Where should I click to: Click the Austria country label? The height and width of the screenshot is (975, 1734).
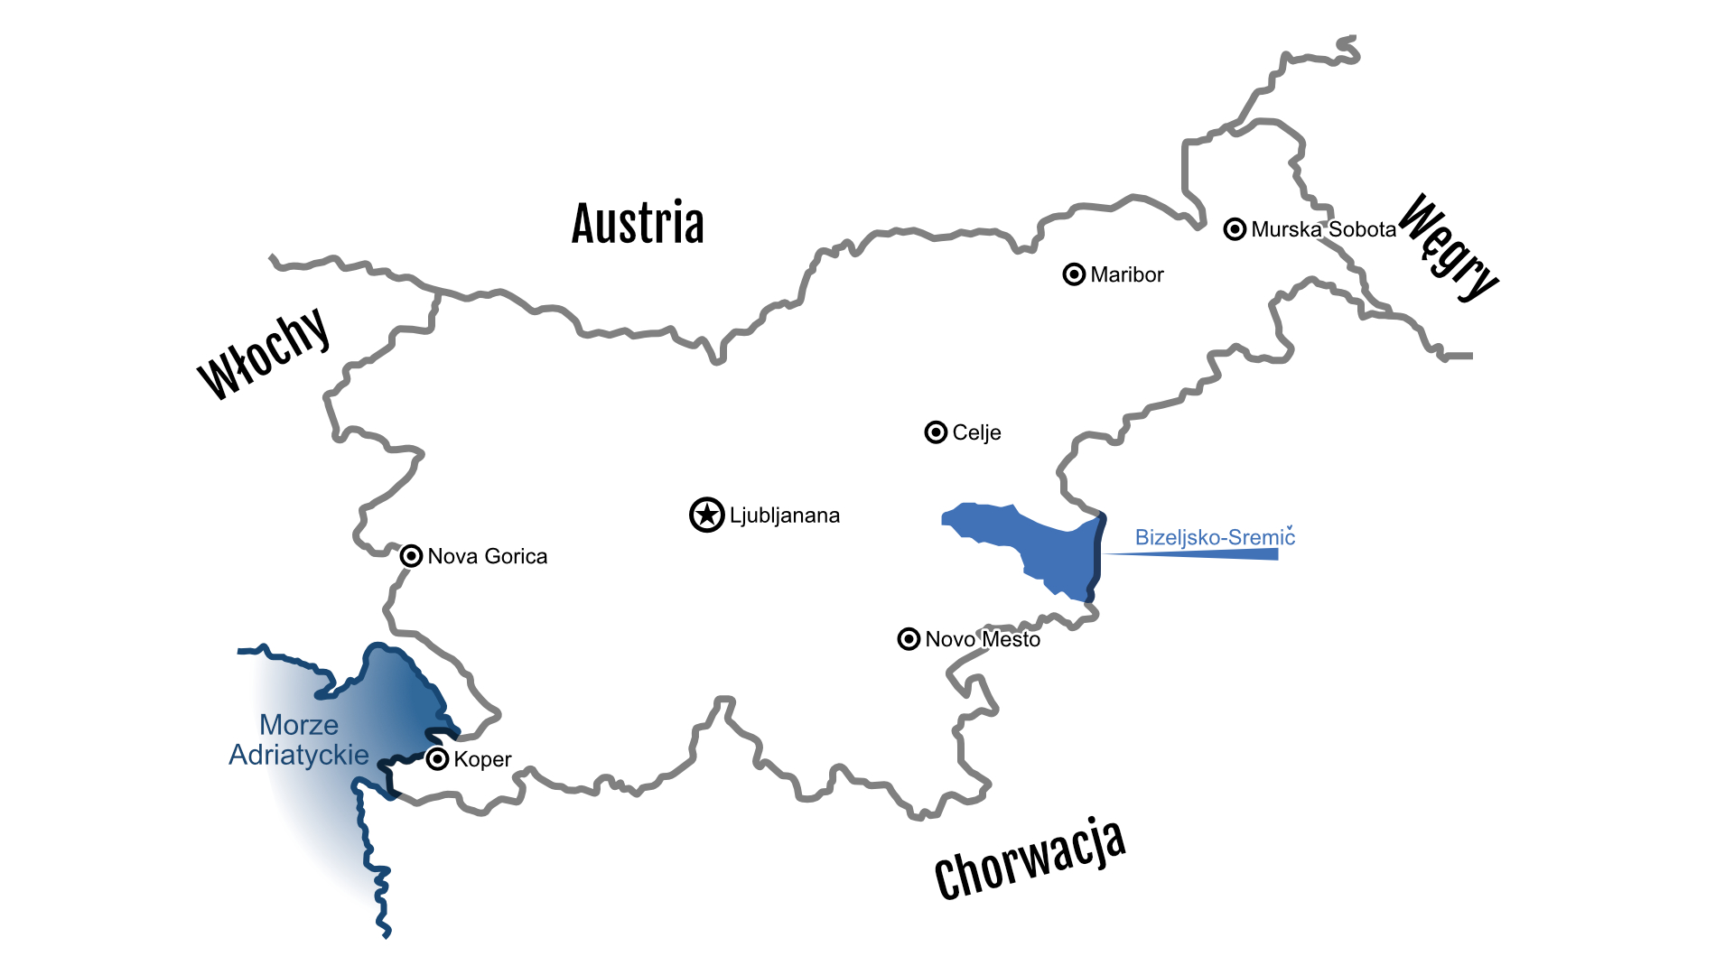click(638, 224)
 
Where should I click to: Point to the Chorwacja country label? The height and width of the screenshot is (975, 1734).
click(1030, 860)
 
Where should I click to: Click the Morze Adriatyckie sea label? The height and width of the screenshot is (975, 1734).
click(299, 739)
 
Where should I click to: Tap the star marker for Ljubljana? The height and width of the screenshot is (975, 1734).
click(707, 515)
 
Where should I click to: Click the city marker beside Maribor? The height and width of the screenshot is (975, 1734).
click(1074, 274)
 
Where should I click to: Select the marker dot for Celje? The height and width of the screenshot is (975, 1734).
click(936, 432)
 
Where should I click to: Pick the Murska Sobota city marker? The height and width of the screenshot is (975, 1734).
click(1235, 229)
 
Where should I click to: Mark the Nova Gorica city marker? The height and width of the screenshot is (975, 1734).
click(411, 556)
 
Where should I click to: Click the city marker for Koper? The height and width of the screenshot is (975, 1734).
click(437, 759)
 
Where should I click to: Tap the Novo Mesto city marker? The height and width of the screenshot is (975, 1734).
click(909, 639)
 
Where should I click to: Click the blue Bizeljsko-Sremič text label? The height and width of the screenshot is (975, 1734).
click(1215, 537)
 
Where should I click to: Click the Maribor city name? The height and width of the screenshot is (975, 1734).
click(1127, 274)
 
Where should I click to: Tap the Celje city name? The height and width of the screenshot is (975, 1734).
click(976, 432)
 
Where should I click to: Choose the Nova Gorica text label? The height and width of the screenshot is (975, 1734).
click(488, 556)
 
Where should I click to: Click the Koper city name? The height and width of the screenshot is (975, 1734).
click(482, 759)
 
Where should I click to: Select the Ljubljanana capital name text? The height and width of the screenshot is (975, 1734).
click(785, 515)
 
